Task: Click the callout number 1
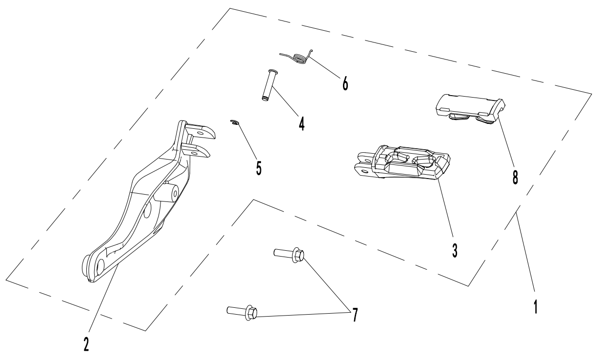[535, 306]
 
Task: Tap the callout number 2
[86, 343]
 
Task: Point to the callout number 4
[301, 123]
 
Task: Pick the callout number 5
[258, 168]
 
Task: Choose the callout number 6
[345, 83]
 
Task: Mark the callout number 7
[355, 315]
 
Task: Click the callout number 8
[515, 176]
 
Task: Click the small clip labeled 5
[235, 122]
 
